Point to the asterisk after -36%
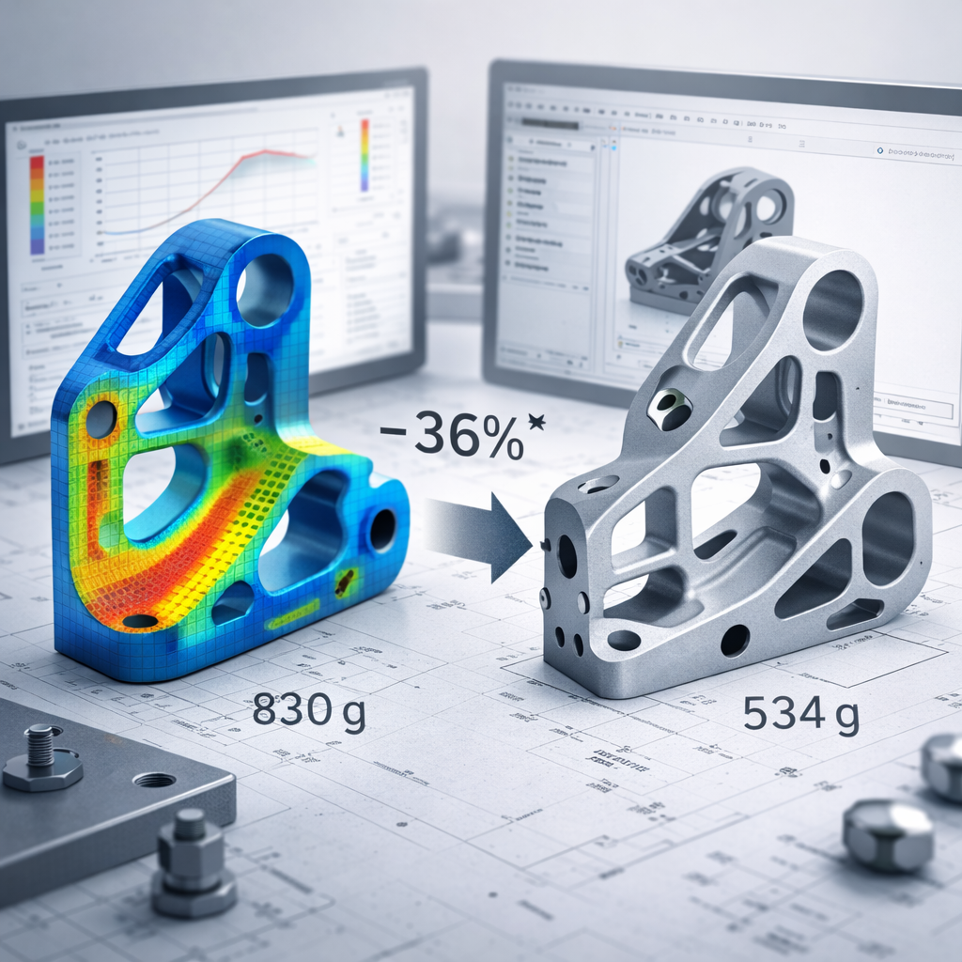point(536,420)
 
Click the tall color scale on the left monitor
point(38,204)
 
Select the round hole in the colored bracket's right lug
point(382,529)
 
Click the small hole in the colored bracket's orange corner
point(101,419)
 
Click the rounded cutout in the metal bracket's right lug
point(887,538)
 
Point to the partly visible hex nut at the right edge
point(943,766)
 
